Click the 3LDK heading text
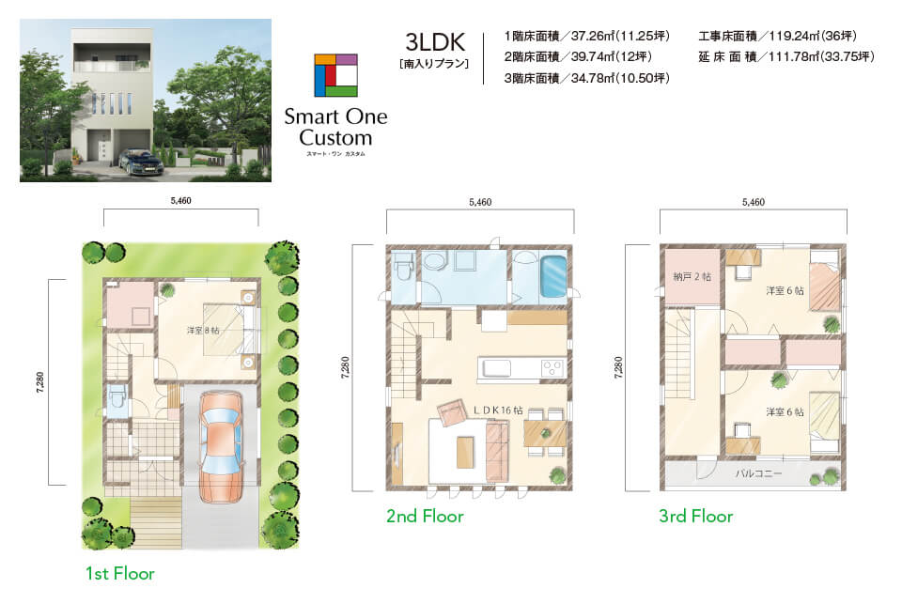pyautogui.click(x=434, y=42)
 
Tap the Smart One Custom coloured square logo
pyautogui.click(x=336, y=75)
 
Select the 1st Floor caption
pyautogui.click(x=119, y=573)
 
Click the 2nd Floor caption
pyautogui.click(x=425, y=516)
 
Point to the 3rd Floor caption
pyautogui.click(x=695, y=516)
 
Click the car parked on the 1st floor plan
pyautogui.click(x=221, y=446)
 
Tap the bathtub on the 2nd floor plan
pyautogui.click(x=552, y=276)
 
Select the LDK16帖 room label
pyautogui.click(x=498, y=410)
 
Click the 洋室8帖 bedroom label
pyautogui.click(x=203, y=331)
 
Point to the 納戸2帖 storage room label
pyautogui.click(x=692, y=277)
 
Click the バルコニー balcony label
pyautogui.click(x=758, y=473)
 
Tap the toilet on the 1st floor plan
pyautogui.click(x=117, y=397)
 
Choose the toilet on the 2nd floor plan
pyautogui.click(x=402, y=267)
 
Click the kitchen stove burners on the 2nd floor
pyautogui.click(x=552, y=368)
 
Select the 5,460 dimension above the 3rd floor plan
pyautogui.click(x=753, y=202)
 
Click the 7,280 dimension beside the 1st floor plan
pyautogui.click(x=39, y=382)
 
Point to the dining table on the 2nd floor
pyautogui.click(x=545, y=434)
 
